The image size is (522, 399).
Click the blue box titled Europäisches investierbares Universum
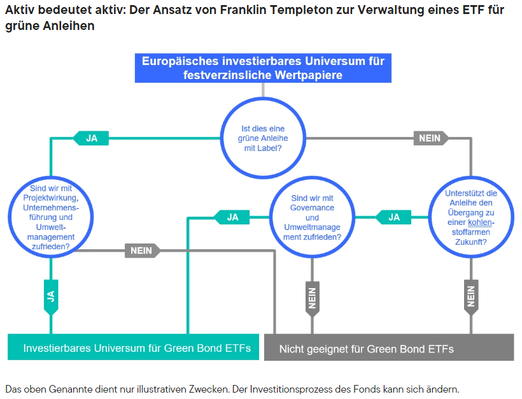coord(263,68)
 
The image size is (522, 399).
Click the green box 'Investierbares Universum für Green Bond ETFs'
coord(134,348)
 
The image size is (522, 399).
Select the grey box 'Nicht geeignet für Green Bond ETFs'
coord(388,349)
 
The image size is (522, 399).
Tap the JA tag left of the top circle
coord(91,138)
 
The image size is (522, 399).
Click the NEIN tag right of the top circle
coord(430,138)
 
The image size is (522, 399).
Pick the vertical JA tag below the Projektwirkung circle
coord(51,296)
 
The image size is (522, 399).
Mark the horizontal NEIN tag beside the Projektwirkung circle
coord(141,250)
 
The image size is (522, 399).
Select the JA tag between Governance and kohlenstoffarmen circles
coord(393,217)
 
